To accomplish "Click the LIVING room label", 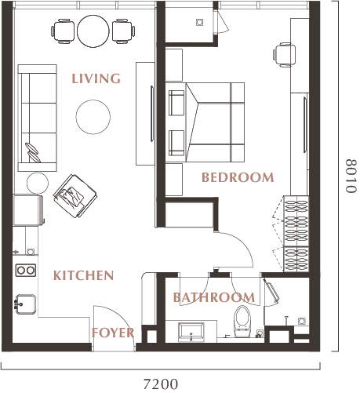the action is tap(96, 78).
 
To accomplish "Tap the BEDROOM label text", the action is tap(238, 177).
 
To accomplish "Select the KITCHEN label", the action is tap(84, 275).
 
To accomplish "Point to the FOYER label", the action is tap(113, 333).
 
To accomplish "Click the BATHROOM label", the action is tap(214, 297).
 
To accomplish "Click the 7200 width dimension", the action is tap(161, 384).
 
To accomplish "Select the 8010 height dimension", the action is tap(351, 176).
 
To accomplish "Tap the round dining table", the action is tap(93, 31).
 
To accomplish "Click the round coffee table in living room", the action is tap(93, 117).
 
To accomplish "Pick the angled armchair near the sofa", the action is tap(75, 196).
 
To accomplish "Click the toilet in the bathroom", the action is tap(242, 322).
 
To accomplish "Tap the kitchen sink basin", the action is tap(25, 304).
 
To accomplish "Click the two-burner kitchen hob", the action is tap(26, 270).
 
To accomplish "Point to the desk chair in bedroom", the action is tap(284, 55).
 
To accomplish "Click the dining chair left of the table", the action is tap(63, 31).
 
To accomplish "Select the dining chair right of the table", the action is tap(124, 31).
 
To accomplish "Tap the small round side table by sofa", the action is tap(38, 183).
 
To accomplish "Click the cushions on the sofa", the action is tap(33, 153).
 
